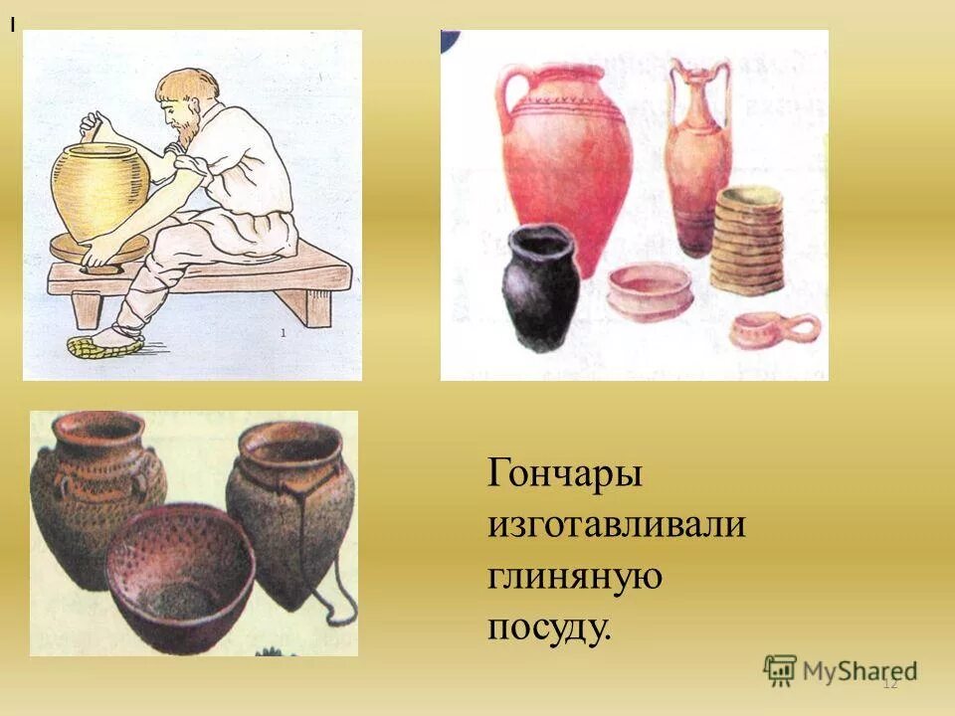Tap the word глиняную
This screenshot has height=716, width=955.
pyautogui.click(x=574, y=576)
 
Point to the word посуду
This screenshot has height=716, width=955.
pyautogui.click(x=548, y=627)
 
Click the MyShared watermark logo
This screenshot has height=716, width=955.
pyautogui.click(x=841, y=671)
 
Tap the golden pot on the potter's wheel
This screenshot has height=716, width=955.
pyautogui.click(x=100, y=189)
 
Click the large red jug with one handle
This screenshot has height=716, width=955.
pyautogui.click(x=567, y=159)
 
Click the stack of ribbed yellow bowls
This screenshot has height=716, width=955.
pyautogui.click(x=748, y=239)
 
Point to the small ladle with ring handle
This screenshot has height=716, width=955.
pyautogui.click(x=775, y=328)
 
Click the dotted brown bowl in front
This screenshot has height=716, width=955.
pyautogui.click(x=179, y=577)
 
